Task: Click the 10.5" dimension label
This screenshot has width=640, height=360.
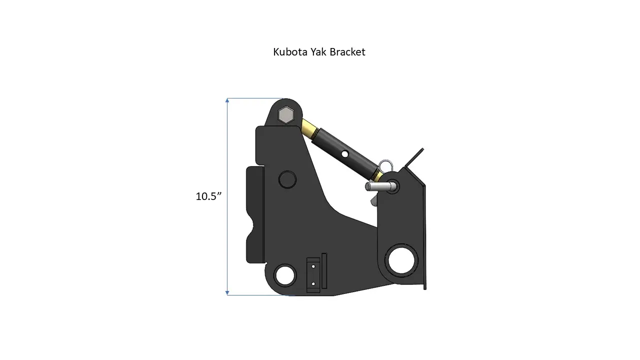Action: click(208, 196)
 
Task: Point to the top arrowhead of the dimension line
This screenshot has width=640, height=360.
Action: click(227, 100)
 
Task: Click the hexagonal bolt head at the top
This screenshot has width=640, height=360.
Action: click(285, 115)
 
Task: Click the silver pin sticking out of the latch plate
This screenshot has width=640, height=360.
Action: click(380, 187)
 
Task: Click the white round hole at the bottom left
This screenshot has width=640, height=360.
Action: click(285, 274)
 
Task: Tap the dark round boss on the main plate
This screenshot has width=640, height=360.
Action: click(287, 178)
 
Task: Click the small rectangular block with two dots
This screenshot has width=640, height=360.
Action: click(313, 275)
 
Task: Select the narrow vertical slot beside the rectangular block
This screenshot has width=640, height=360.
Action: click(324, 270)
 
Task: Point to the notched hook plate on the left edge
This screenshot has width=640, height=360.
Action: click(256, 215)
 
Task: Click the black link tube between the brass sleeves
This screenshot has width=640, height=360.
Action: click(345, 150)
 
